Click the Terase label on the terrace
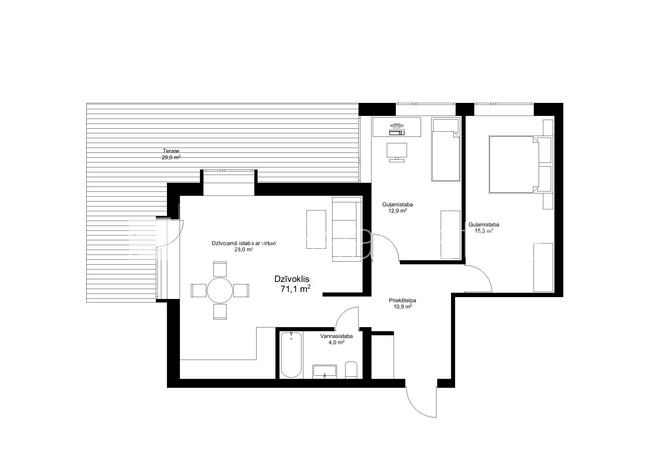171,151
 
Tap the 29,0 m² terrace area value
171,157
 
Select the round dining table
220,290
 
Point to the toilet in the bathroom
351,370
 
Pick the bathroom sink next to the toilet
325,372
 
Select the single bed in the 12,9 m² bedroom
445,149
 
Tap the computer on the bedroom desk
397,129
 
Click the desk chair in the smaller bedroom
397,152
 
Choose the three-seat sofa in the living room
347,229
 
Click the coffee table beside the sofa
316,229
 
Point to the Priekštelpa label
402,300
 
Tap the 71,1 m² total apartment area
295,289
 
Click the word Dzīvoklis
291,279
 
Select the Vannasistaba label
336,336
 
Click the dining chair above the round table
220,269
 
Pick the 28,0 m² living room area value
244,249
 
